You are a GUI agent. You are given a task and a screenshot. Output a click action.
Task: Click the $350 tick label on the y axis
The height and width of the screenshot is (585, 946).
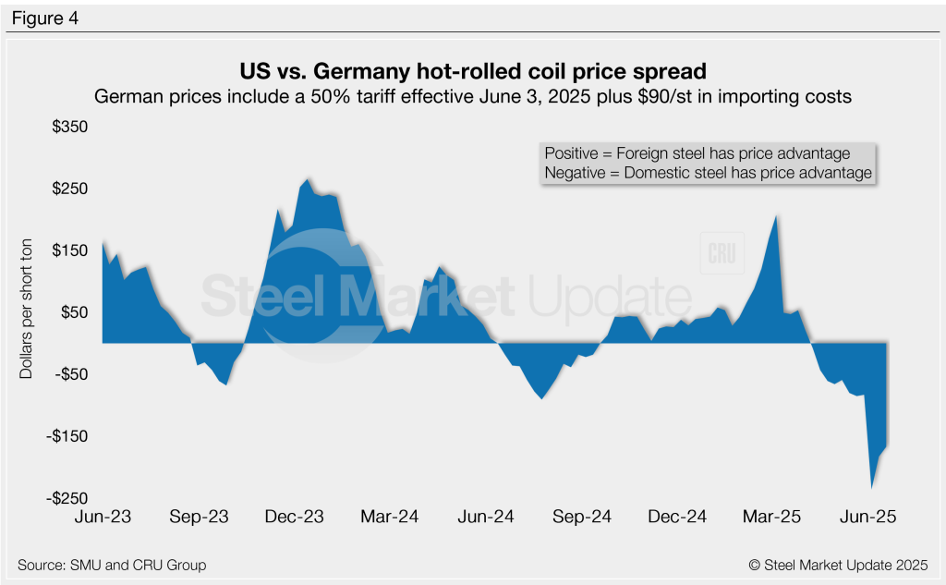pos(66,127)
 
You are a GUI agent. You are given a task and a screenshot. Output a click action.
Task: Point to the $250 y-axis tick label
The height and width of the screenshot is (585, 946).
pos(66,189)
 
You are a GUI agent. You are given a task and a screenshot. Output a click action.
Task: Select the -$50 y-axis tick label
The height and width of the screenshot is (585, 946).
pos(66,374)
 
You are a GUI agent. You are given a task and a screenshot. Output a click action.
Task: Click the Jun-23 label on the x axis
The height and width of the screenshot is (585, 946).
pos(102,517)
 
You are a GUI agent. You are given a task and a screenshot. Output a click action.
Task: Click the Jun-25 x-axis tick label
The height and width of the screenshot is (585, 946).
pos(868,517)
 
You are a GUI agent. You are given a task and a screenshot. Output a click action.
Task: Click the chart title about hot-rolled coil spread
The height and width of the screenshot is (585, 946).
pos(472,71)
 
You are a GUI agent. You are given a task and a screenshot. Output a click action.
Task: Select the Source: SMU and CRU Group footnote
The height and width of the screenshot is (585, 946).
pos(112,565)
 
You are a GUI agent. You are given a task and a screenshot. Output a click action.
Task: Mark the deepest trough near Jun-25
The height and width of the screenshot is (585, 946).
pos(871,487)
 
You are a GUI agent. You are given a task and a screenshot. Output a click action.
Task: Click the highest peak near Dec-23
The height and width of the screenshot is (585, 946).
pos(308,179)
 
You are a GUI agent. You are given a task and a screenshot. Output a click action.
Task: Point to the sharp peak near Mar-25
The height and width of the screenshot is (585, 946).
pos(777,216)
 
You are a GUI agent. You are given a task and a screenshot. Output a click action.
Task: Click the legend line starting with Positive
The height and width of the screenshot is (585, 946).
pos(697,153)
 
